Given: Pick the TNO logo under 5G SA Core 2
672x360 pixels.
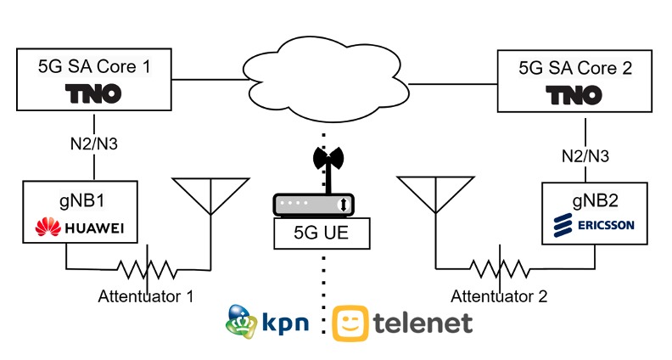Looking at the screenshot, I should pyautogui.click(x=585, y=95).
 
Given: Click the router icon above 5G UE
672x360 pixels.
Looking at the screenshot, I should pyautogui.click(x=312, y=205).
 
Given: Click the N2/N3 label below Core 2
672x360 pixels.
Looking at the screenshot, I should pyautogui.click(x=586, y=156).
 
